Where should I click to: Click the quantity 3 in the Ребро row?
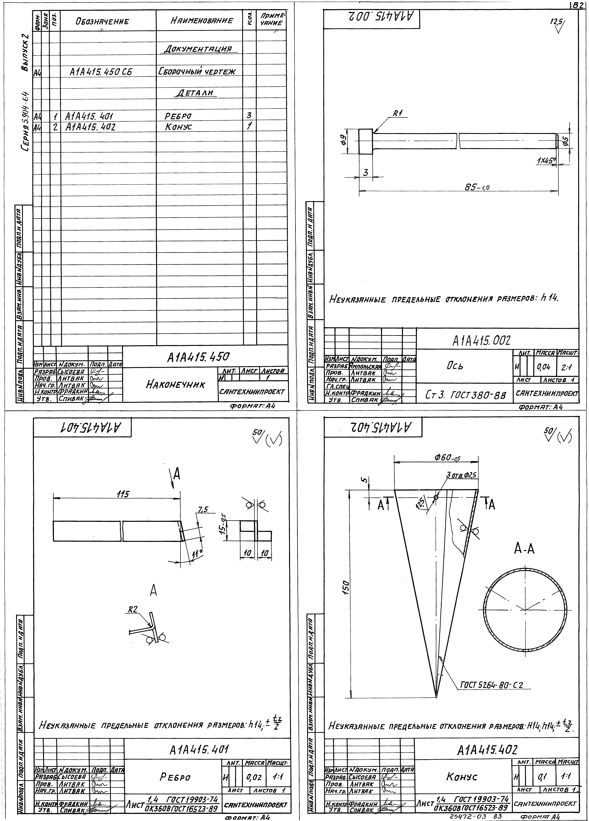(249, 115)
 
